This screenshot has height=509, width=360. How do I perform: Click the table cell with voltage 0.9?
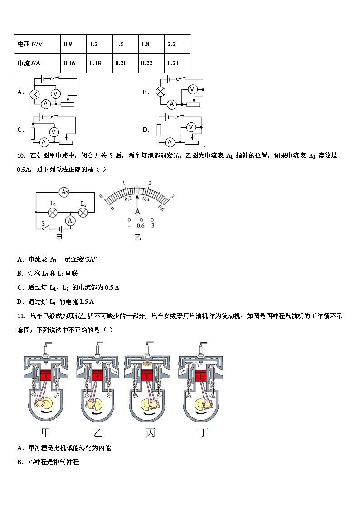tap(73, 44)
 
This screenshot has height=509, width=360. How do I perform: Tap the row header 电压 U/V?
tap(37, 44)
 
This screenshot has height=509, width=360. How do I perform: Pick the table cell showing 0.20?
tap(124, 63)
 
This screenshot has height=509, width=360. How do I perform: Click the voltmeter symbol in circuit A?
tap(55, 93)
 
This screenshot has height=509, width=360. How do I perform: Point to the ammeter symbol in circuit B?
tap(171, 104)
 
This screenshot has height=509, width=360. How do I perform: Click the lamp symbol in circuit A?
tap(34, 94)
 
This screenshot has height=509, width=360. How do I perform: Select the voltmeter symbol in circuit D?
tap(191, 127)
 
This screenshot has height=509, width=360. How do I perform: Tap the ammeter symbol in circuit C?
tap(44, 142)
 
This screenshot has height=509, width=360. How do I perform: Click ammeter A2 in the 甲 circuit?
tap(64, 192)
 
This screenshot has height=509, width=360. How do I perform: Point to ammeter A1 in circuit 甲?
tap(70, 221)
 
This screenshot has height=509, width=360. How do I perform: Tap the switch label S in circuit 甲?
tap(43, 224)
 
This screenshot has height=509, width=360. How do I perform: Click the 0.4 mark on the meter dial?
tap(146, 199)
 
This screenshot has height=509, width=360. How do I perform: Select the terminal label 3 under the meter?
tap(153, 226)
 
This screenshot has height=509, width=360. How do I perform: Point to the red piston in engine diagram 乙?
tap(97, 376)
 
